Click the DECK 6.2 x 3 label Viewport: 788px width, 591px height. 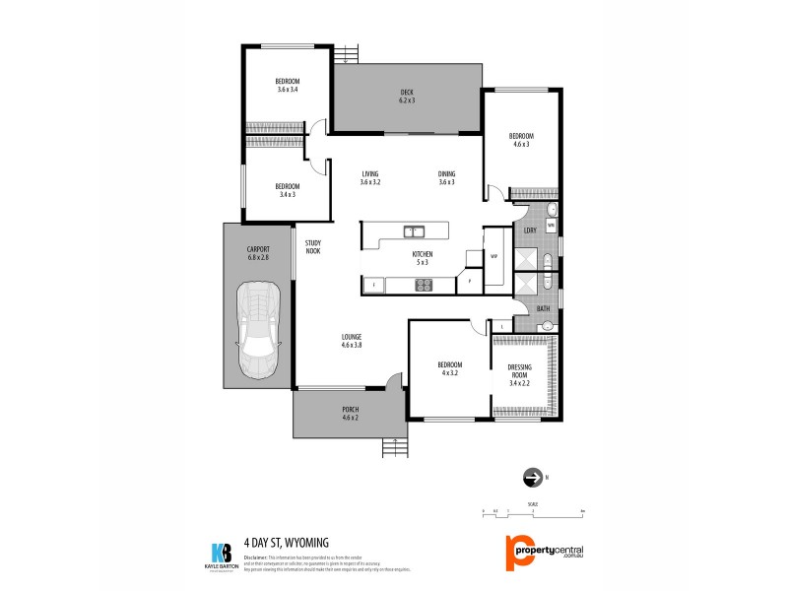(x=407, y=97)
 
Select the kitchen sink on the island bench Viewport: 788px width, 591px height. (x=415, y=232)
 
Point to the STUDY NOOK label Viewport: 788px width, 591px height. (x=313, y=247)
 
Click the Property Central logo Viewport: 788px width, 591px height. (x=544, y=550)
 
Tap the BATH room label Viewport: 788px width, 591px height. (x=543, y=309)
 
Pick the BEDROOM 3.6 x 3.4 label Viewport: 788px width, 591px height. (x=288, y=85)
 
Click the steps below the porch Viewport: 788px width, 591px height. (x=394, y=448)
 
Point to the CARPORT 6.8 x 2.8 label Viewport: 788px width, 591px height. (x=258, y=254)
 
